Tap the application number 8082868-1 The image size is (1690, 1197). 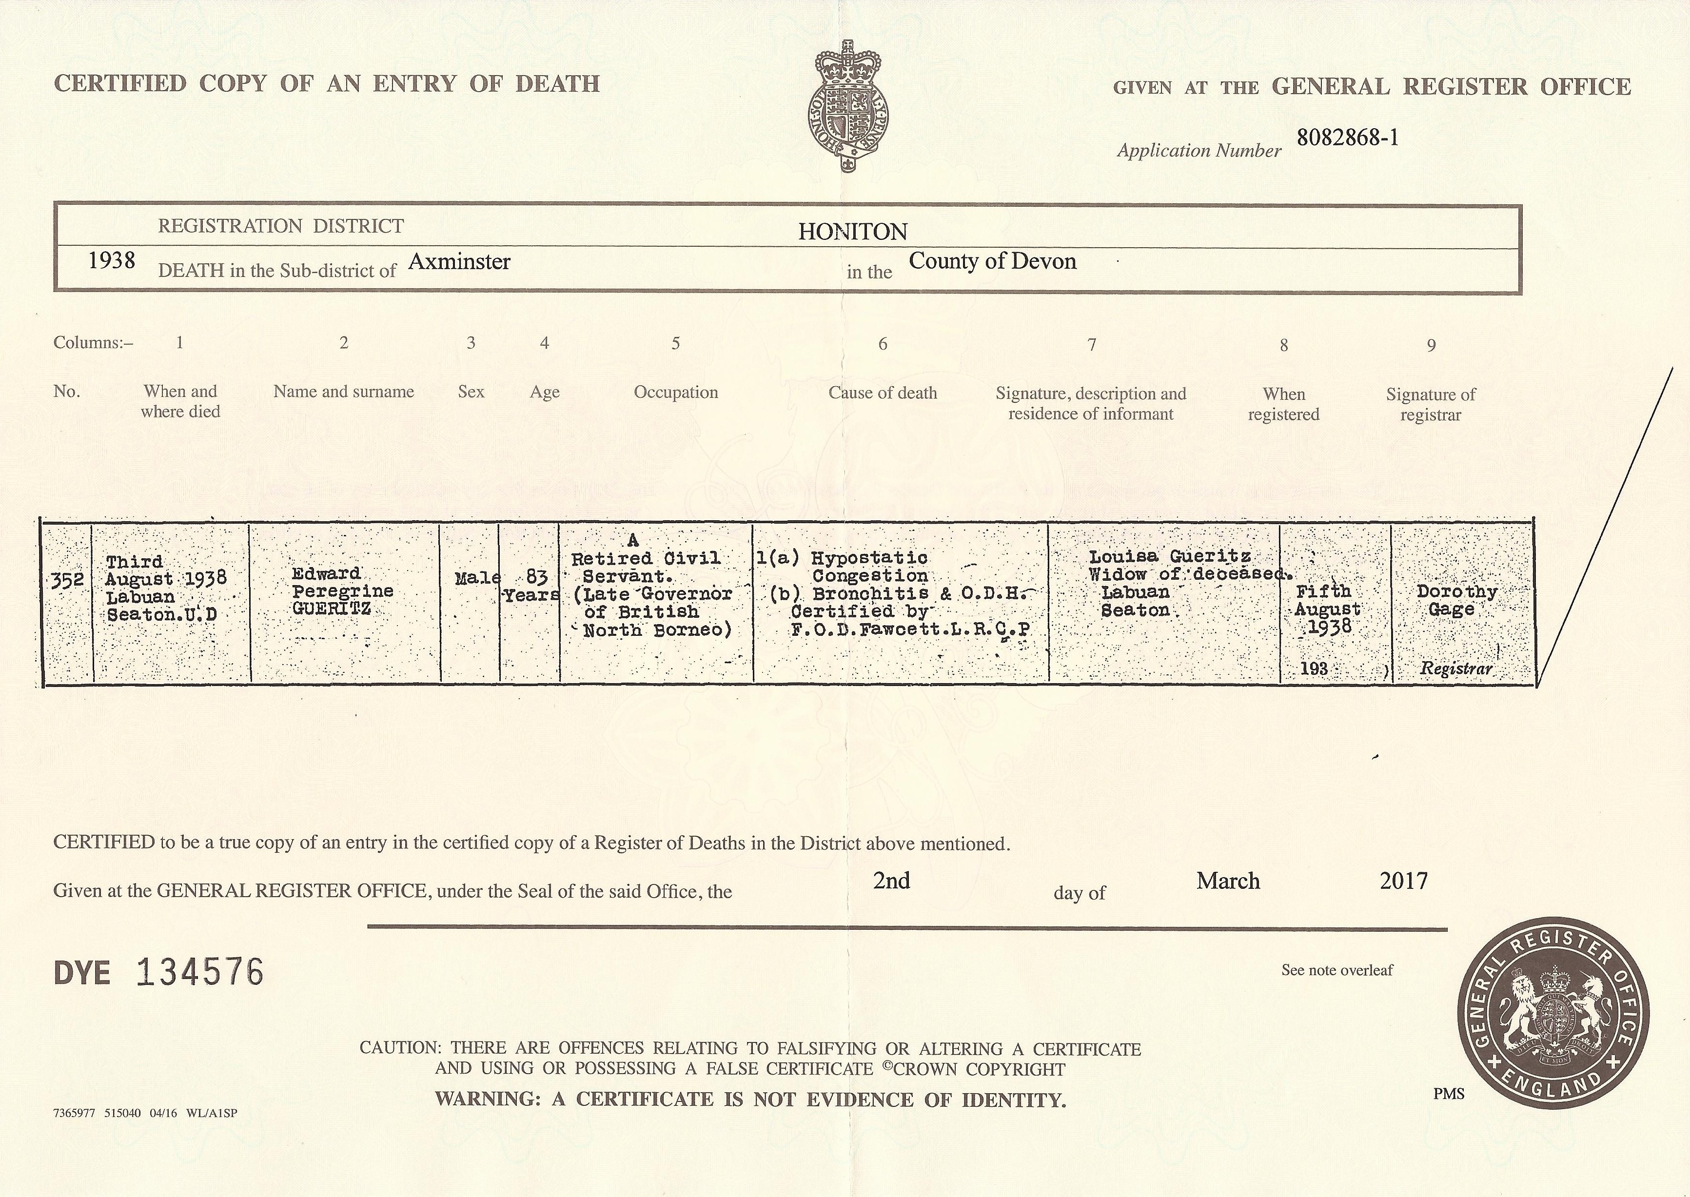(x=1347, y=138)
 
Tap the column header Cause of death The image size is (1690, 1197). (x=882, y=393)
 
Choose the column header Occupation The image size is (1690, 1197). (x=675, y=392)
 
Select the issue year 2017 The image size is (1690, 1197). (x=1403, y=881)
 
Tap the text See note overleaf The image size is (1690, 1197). (x=1337, y=970)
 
